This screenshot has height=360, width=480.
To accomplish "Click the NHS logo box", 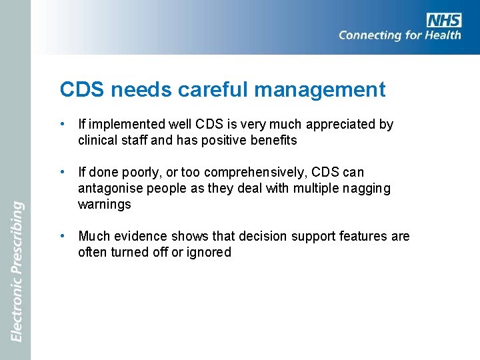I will point(444,19).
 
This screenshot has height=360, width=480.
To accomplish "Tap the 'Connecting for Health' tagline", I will point(399,35).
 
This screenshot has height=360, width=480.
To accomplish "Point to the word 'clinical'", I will point(98,141).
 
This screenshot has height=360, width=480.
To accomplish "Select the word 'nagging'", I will point(367,189).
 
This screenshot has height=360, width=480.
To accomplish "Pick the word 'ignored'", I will point(209,253).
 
